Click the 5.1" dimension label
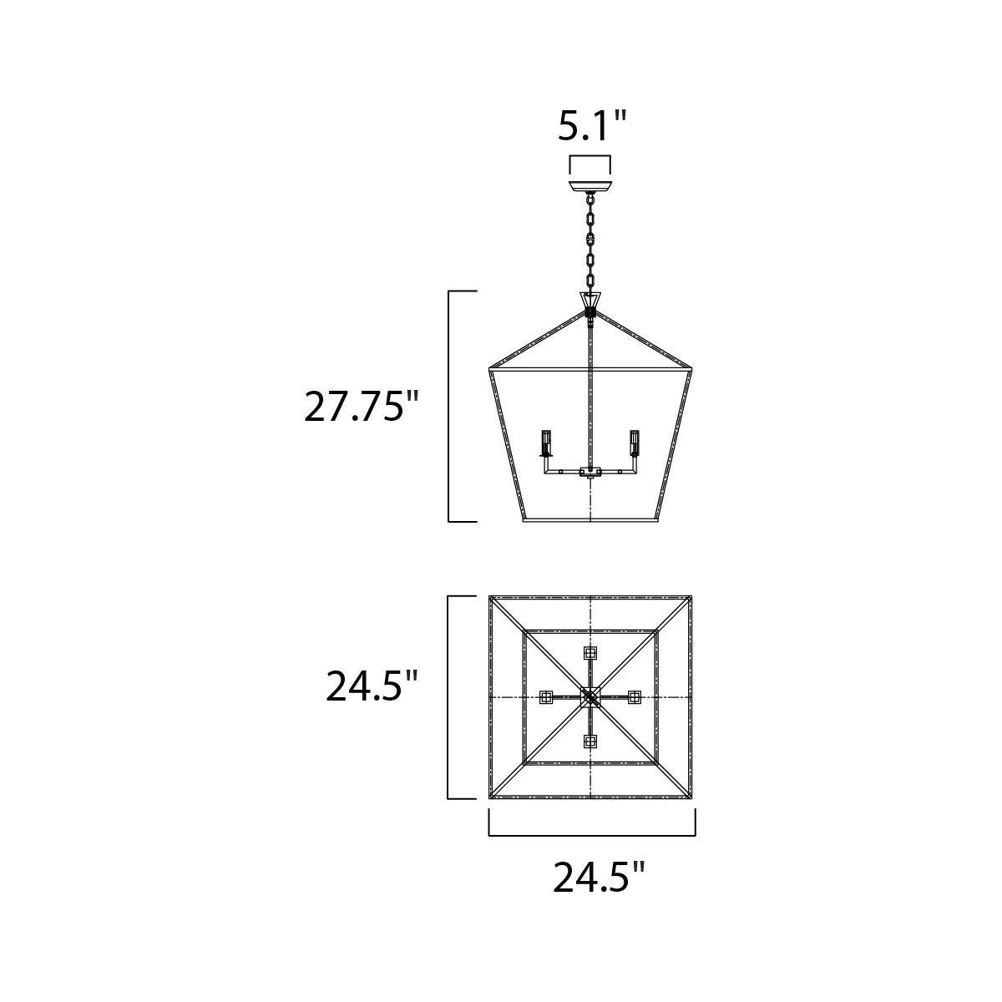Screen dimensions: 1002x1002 point(590,126)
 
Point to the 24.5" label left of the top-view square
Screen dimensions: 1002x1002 point(372,686)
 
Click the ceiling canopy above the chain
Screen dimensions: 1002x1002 point(590,186)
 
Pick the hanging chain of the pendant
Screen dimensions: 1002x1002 point(590,243)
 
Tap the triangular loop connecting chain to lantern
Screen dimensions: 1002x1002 point(590,300)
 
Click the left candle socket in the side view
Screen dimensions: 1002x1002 point(545,443)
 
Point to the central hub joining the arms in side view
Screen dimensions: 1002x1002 point(590,472)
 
